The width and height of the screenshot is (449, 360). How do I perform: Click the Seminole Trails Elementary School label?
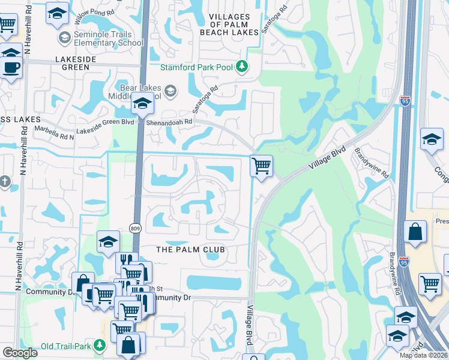[x=109, y=38]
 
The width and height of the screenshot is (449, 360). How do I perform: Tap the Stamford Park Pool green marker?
[x=243, y=66]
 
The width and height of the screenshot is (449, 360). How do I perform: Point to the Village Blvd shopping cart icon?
[x=261, y=166]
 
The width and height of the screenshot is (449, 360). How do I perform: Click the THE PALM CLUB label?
[x=190, y=250]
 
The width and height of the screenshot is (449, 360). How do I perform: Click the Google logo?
[x=20, y=353]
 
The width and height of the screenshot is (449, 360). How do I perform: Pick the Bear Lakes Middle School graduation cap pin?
[x=142, y=104]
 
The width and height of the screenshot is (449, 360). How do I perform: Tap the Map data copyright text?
[x=423, y=355]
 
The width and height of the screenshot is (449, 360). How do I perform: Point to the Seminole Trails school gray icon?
[x=64, y=38]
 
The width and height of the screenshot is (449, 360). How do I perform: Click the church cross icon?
[x=4, y=181]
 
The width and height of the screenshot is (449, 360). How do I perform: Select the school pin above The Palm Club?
[x=109, y=241]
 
